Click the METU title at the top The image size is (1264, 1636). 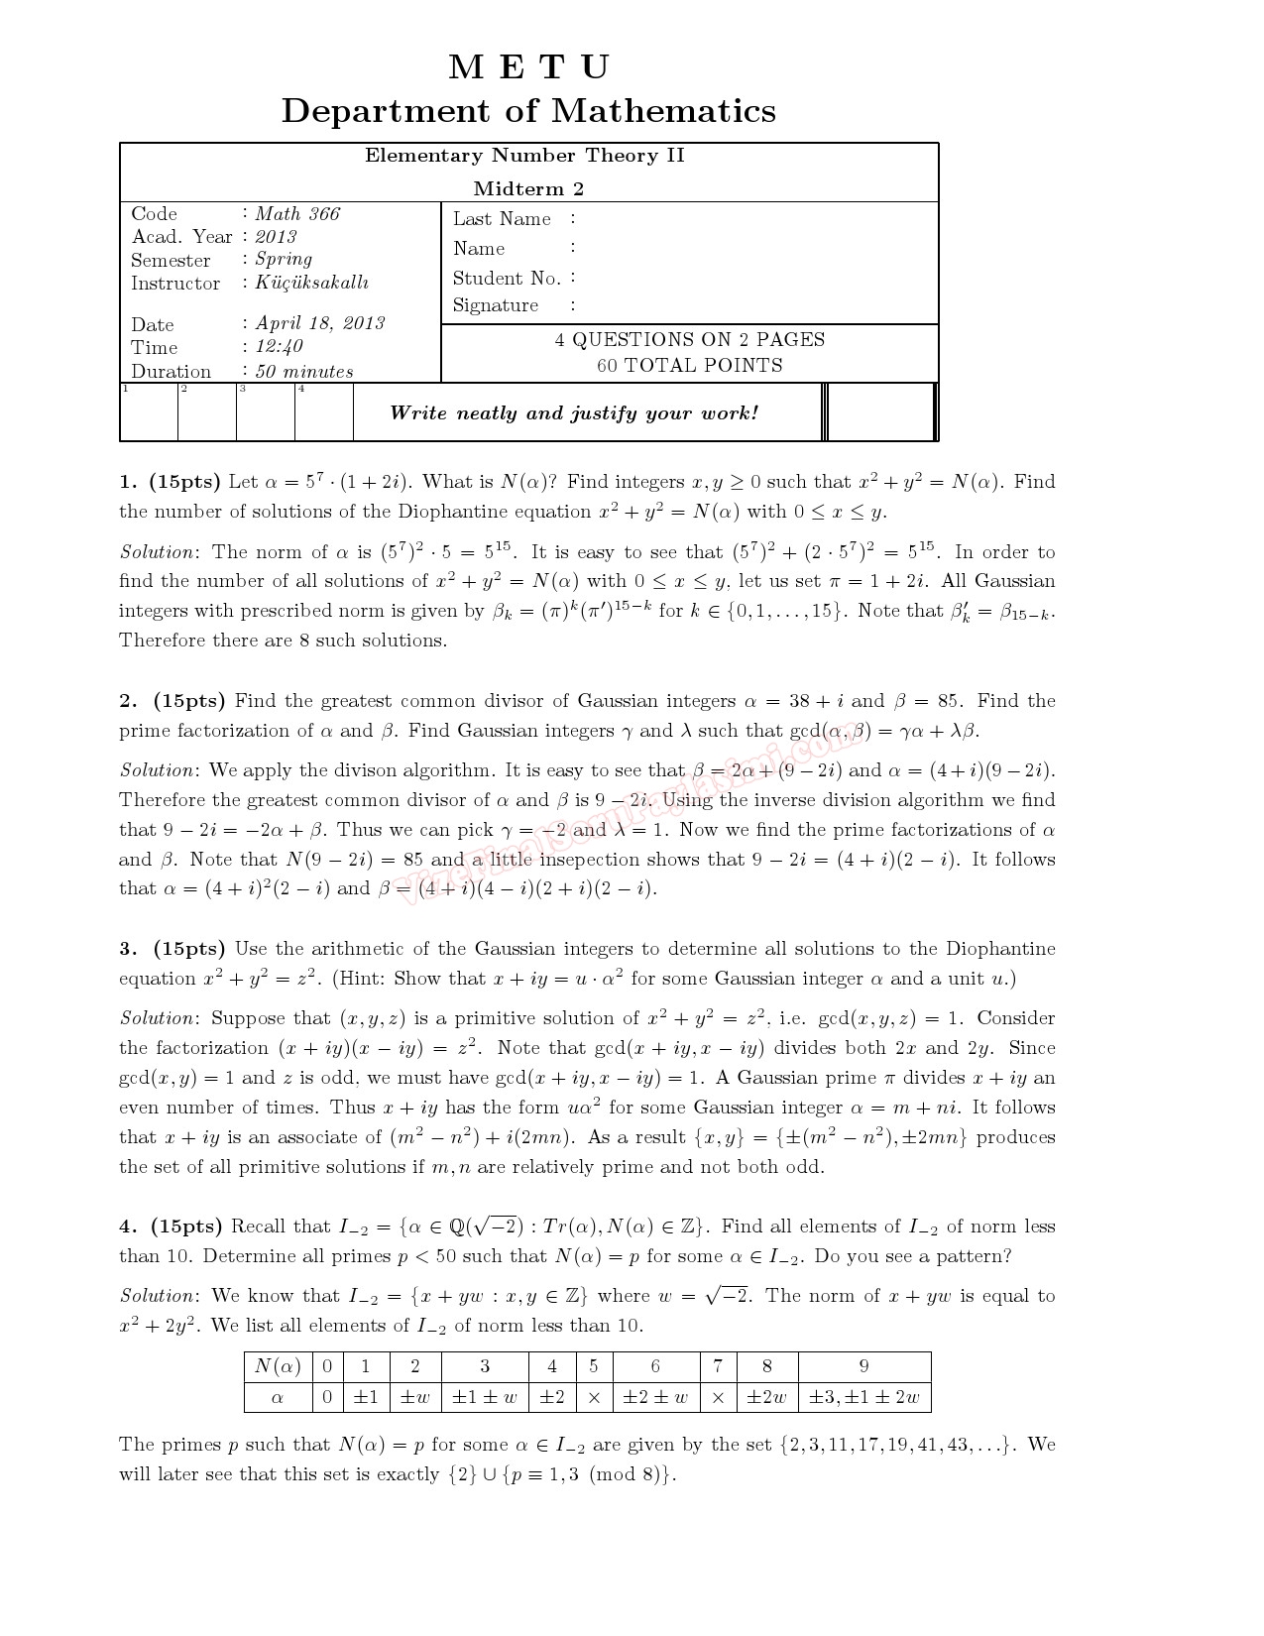tap(528, 67)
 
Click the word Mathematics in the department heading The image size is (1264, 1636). tap(663, 110)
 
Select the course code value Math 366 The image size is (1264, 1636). tap(296, 213)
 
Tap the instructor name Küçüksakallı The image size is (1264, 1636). tap(311, 283)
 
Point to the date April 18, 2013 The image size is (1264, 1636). tap(319, 323)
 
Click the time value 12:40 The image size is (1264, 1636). tap(279, 347)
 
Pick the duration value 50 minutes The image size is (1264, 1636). tap(303, 372)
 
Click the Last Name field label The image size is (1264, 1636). tap(502, 219)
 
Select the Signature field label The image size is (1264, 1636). tap(496, 305)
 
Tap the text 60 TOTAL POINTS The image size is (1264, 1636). tap(689, 365)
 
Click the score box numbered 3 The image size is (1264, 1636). tap(266, 411)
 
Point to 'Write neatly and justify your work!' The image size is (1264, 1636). tap(574, 412)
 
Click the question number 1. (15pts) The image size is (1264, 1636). tap(170, 482)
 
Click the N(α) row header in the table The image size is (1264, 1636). tap(278, 1366)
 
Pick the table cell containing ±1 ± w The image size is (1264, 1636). tap(484, 1397)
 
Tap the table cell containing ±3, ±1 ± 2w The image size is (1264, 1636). tap(863, 1397)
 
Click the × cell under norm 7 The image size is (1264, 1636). tap(718, 1397)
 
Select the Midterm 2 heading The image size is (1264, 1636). tap(528, 188)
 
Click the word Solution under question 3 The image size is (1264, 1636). tap(159, 1018)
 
